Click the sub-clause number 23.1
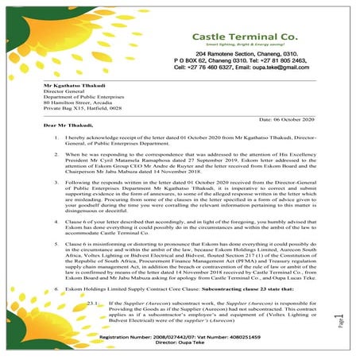click(x=91, y=304)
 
